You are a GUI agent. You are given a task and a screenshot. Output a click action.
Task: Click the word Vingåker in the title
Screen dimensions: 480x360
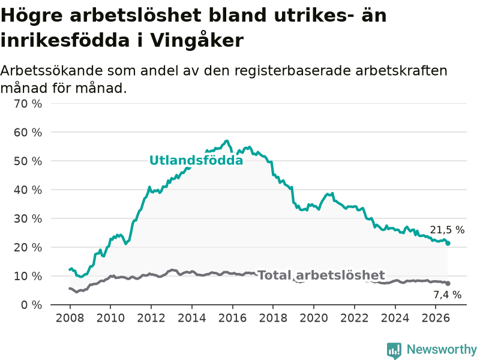pyautogui.click(x=197, y=40)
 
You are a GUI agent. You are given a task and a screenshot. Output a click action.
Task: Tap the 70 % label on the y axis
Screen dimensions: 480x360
pyautogui.click(x=28, y=104)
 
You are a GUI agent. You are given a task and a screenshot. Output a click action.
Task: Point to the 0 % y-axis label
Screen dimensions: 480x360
pyautogui.click(x=32, y=305)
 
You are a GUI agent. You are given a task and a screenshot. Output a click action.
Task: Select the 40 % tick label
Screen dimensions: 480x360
pyautogui.click(x=28, y=190)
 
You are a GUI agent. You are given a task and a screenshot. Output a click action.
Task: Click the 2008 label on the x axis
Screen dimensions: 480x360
pyautogui.click(x=70, y=318)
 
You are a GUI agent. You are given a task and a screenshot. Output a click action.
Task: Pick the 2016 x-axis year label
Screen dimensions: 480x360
pyautogui.click(x=232, y=318)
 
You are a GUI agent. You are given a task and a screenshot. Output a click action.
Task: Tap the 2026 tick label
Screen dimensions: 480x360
pyautogui.click(x=436, y=318)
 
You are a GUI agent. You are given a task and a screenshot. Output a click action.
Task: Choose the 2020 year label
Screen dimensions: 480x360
pyautogui.click(x=314, y=318)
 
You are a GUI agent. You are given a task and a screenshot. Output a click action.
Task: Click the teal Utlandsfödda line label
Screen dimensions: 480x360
pyautogui.click(x=196, y=160)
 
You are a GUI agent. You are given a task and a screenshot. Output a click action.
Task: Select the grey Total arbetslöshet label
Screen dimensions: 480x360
pyautogui.click(x=322, y=275)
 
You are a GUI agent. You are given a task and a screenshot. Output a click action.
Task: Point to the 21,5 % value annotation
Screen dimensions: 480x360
pyautogui.click(x=447, y=230)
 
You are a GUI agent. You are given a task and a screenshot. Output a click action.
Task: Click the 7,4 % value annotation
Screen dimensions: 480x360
pyautogui.click(x=447, y=295)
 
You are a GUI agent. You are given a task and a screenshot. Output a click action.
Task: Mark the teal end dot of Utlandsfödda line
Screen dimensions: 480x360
pyautogui.click(x=448, y=244)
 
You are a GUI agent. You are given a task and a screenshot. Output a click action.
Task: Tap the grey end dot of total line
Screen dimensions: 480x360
pyautogui.click(x=448, y=283)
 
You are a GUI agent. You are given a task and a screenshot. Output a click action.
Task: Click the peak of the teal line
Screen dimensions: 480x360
pyautogui.click(x=227, y=141)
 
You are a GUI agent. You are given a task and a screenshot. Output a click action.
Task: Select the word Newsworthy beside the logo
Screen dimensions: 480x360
pyautogui.click(x=442, y=349)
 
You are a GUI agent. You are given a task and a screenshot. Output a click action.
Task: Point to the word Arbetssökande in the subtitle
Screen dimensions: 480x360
pyautogui.click(x=52, y=71)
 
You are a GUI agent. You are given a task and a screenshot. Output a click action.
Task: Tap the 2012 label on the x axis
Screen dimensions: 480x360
pyautogui.click(x=151, y=318)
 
